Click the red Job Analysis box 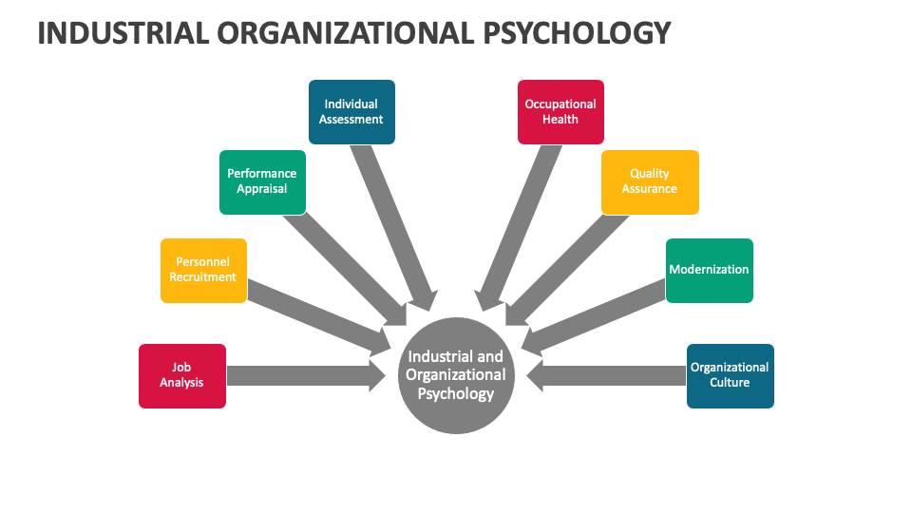(182, 376)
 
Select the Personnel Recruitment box (203, 271)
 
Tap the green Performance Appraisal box (262, 181)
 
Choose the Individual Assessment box (351, 112)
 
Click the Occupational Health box (560, 112)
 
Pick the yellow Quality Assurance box (650, 181)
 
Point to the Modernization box (709, 271)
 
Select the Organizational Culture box (730, 376)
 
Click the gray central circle (456, 374)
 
